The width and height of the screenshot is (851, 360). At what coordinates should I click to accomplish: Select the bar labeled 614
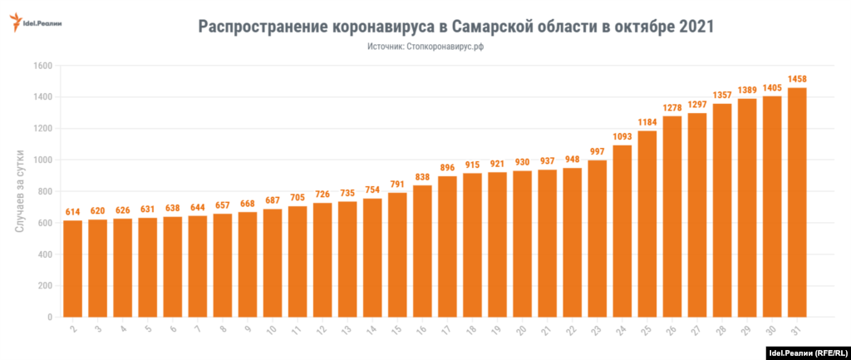tap(73, 268)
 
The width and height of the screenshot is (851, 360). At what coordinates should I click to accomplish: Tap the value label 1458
tap(797, 79)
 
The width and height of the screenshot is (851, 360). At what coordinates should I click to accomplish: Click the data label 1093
tap(622, 136)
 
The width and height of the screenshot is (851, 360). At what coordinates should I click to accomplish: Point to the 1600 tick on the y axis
tap(42, 66)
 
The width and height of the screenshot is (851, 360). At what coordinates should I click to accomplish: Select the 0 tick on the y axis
tap(50, 317)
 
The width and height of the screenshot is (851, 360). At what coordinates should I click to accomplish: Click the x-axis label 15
tap(396, 329)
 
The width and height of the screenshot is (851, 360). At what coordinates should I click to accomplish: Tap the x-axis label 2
tap(72, 329)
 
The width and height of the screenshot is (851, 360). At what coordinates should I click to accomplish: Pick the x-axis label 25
tap(646, 329)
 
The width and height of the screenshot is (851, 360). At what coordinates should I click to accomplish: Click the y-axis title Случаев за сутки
tap(20, 191)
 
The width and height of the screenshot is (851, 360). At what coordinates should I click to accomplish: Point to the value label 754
tap(372, 190)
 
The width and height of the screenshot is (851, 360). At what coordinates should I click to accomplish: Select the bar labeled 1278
tap(672, 216)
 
